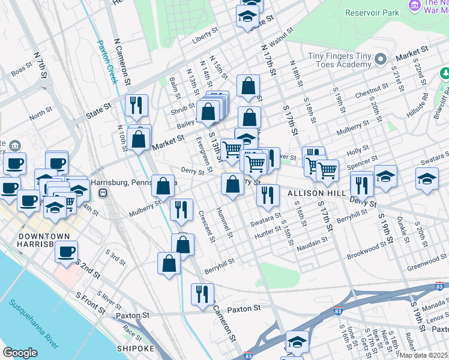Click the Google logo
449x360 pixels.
20,353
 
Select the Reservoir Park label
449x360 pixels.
373,12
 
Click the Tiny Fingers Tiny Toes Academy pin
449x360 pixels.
380,59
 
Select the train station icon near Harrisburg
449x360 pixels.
103,193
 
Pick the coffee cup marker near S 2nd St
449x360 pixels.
67,252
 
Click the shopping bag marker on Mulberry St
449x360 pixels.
163,187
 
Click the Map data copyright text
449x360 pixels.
424,355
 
